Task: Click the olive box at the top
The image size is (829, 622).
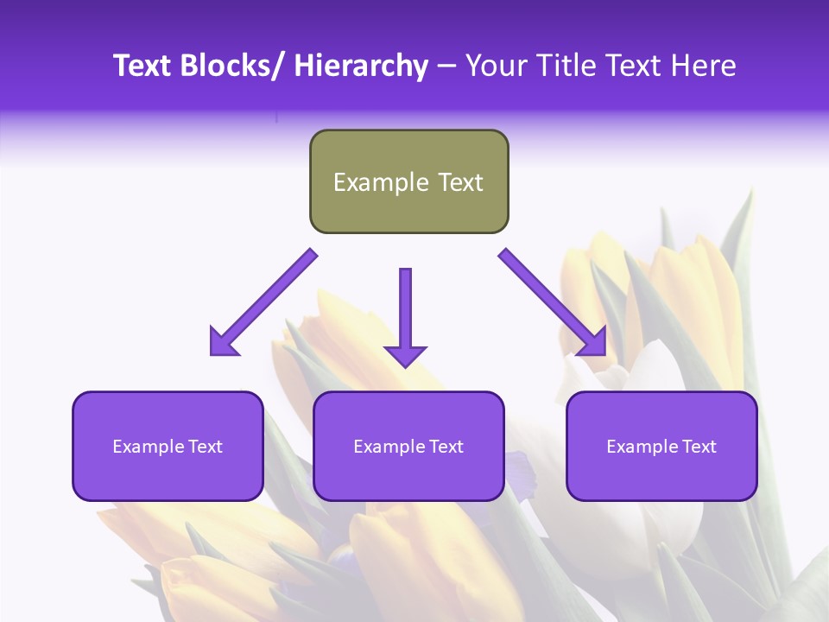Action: click(x=408, y=181)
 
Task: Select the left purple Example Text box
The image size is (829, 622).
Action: click(x=168, y=446)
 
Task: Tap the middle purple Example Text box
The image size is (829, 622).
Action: click(x=408, y=446)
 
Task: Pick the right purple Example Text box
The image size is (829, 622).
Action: click(x=661, y=446)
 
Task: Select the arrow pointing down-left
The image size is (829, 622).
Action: click(x=263, y=302)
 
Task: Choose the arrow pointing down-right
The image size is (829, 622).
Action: click(x=553, y=302)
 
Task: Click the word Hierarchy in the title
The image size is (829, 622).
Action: click(x=360, y=66)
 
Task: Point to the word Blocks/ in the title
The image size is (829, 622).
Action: click(x=232, y=66)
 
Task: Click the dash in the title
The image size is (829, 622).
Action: click(x=446, y=66)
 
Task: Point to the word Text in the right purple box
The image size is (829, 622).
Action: click(x=699, y=447)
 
